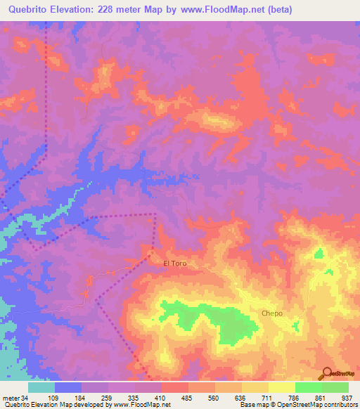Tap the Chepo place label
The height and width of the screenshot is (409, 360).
(271, 313)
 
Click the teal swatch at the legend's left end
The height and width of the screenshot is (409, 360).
(41, 387)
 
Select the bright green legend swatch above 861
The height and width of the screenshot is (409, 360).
(309, 387)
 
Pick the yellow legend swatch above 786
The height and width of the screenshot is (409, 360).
(282, 387)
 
